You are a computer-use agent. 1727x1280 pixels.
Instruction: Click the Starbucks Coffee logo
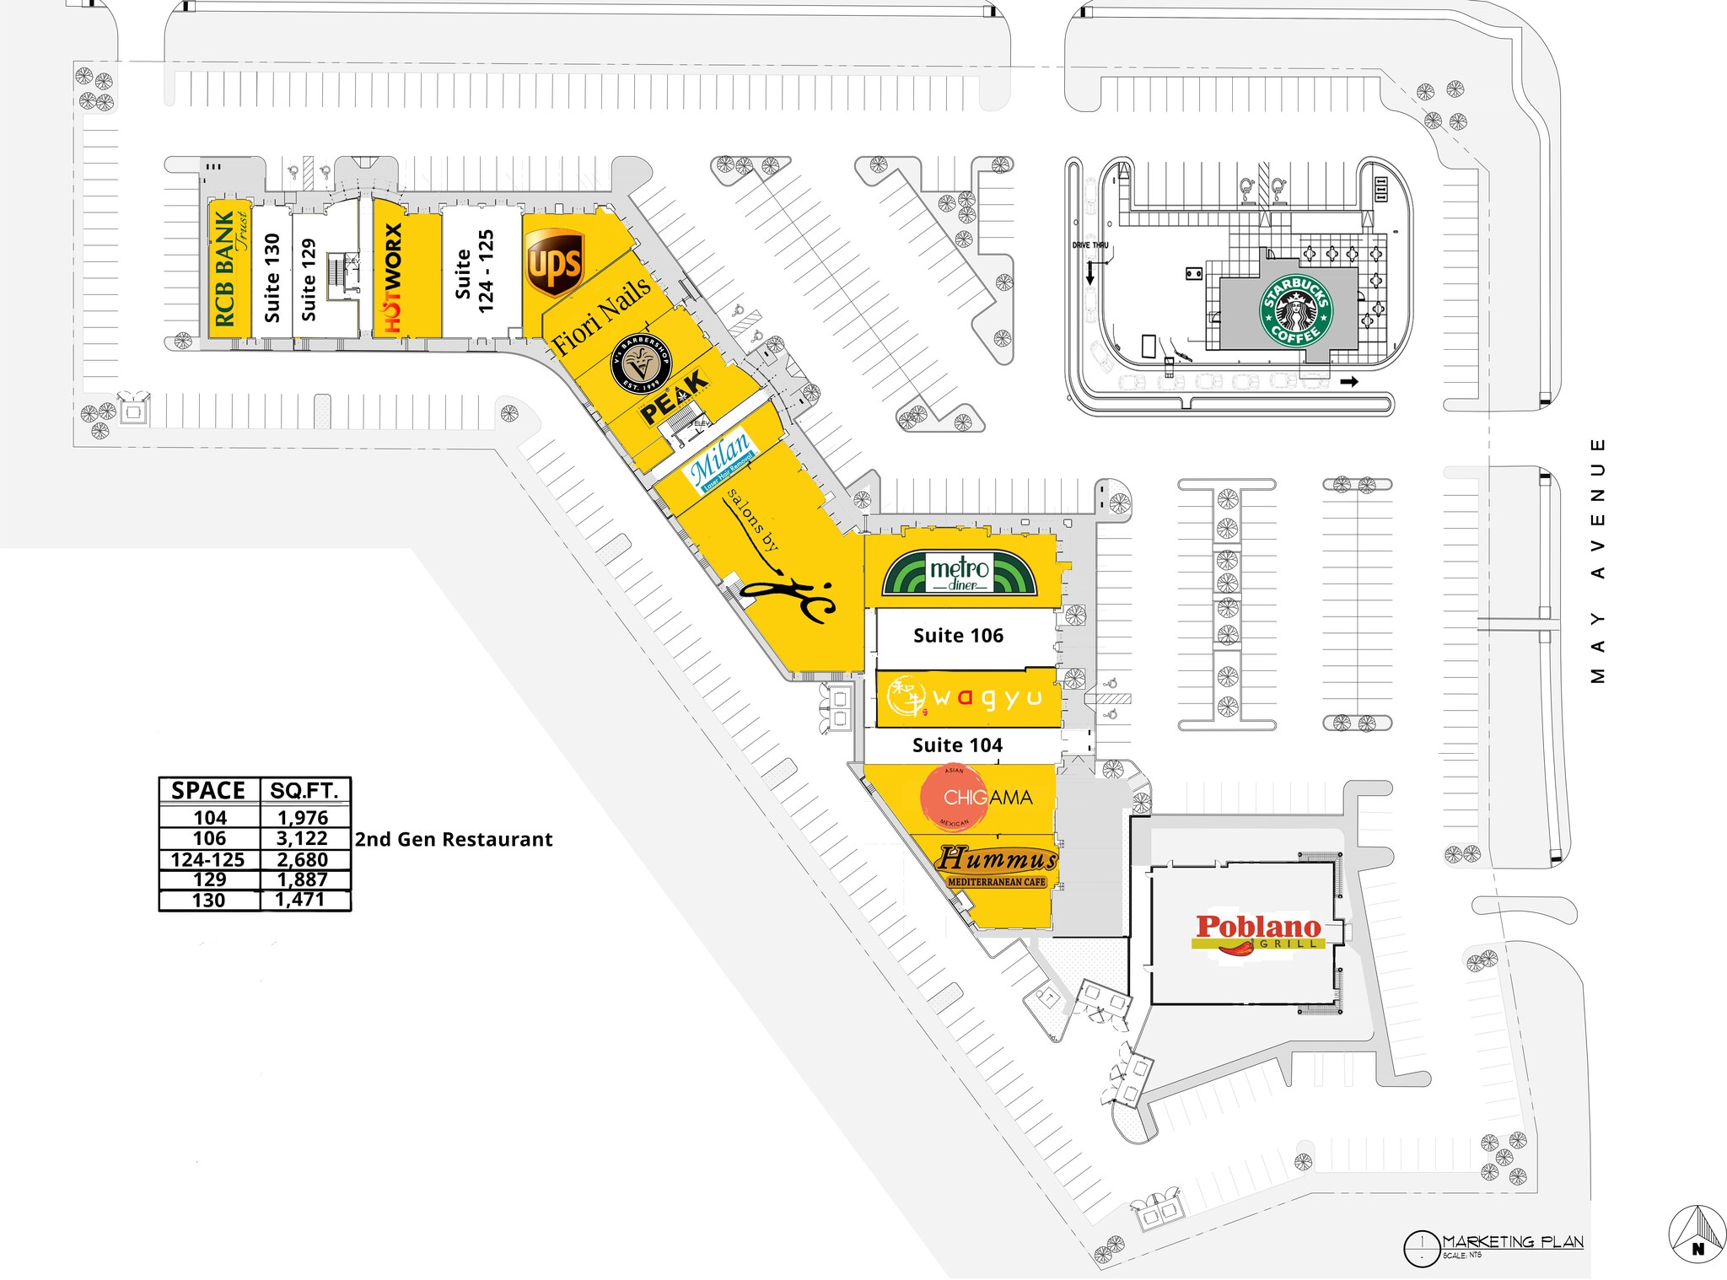click(x=1296, y=309)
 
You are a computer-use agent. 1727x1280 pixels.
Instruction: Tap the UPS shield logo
click(x=554, y=263)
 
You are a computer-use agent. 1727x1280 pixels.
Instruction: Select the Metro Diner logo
click(x=960, y=573)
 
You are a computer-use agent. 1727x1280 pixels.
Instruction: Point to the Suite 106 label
click(x=958, y=636)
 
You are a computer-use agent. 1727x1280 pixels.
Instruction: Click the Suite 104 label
click(x=957, y=745)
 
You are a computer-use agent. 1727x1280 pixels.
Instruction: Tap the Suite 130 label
click(x=272, y=277)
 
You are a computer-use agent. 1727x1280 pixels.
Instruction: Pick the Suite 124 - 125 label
click(x=474, y=272)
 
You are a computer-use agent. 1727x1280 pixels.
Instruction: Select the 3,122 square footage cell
click(x=302, y=838)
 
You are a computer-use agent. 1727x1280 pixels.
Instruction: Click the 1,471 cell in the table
click(x=299, y=900)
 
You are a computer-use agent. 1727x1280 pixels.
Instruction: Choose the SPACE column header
click(x=208, y=791)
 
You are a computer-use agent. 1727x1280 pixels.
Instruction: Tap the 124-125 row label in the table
click(x=207, y=860)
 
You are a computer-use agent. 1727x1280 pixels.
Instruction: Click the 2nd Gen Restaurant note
click(x=454, y=840)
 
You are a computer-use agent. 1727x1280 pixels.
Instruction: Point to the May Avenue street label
click(x=1597, y=561)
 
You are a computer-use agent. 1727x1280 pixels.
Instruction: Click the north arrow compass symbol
click(x=1697, y=1235)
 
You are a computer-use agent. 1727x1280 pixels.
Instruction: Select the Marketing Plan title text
click(x=1512, y=1242)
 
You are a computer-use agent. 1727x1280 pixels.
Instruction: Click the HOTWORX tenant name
click(x=393, y=277)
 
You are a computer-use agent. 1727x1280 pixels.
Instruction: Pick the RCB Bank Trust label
click(x=229, y=268)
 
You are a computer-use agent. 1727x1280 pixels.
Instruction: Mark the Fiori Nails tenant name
click(x=601, y=315)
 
